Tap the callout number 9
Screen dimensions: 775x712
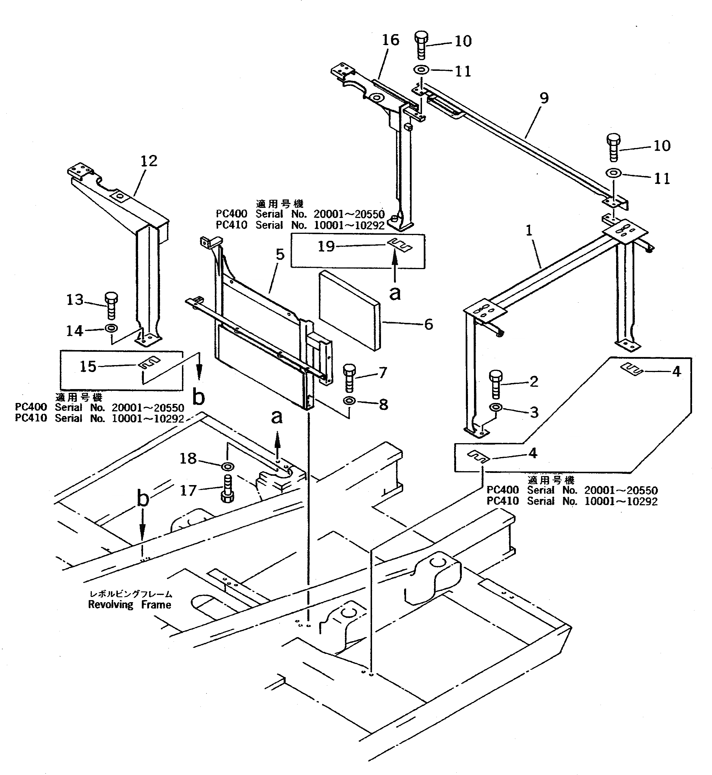click(x=544, y=98)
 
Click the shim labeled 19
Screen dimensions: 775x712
click(x=399, y=245)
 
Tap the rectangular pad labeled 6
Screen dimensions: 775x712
click(x=349, y=310)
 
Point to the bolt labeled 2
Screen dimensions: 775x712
click(x=495, y=384)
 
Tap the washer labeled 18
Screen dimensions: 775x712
click(x=228, y=467)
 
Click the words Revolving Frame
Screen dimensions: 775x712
click(x=129, y=604)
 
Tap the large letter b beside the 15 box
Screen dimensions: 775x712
click(x=198, y=397)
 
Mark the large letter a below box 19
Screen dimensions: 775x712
click(x=395, y=294)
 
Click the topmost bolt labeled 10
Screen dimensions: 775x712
click(x=421, y=45)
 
